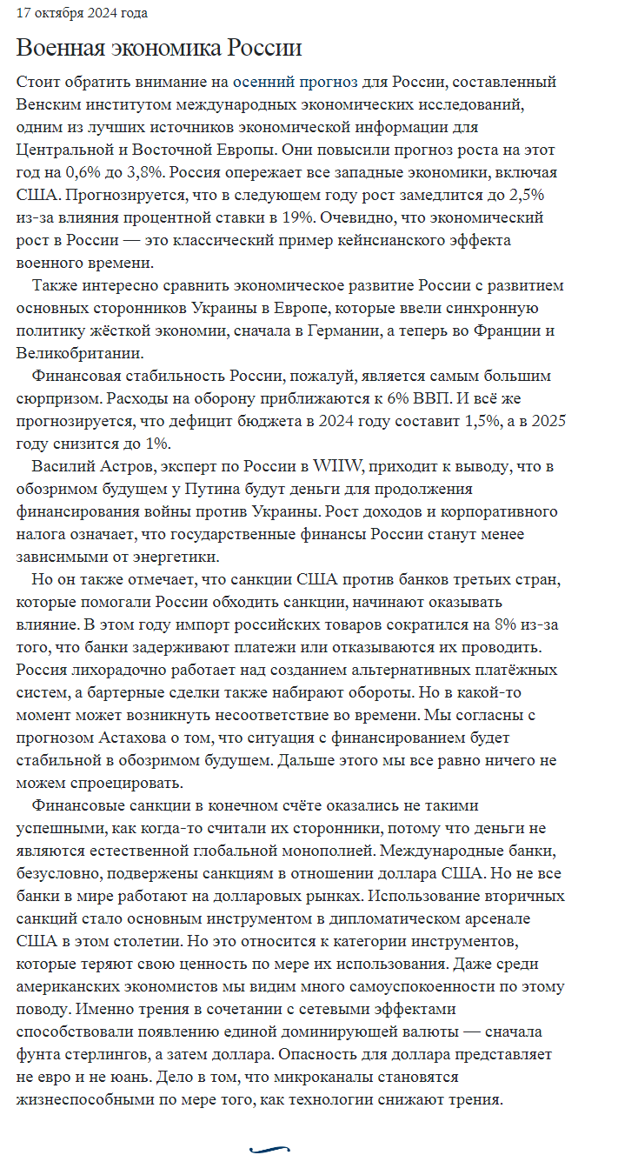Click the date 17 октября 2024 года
[83, 13]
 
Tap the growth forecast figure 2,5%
[525, 195]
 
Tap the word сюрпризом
[54, 398]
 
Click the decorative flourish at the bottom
[269, 1150]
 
